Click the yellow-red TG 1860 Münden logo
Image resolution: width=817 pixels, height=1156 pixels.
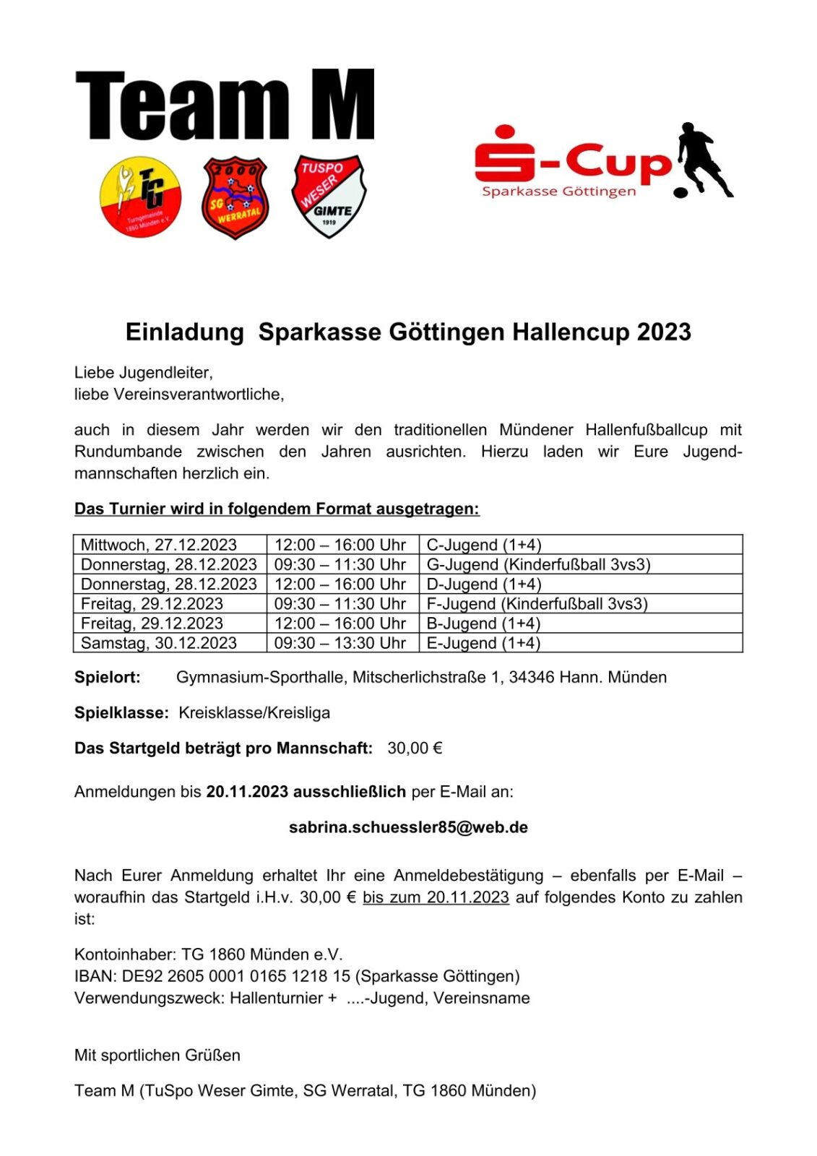click(141, 197)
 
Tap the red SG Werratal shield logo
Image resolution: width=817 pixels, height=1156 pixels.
click(235, 197)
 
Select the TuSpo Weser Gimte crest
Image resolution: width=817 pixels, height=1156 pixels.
click(329, 195)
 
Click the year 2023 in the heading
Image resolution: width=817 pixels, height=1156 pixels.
click(664, 332)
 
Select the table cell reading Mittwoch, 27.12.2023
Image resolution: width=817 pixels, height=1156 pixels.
click(159, 545)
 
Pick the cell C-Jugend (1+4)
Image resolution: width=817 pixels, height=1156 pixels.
click(484, 545)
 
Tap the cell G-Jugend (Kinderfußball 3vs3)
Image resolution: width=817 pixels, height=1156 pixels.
click(538, 564)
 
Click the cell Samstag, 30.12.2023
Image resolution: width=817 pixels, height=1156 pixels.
click(159, 643)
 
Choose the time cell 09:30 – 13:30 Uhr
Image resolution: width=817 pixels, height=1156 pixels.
click(340, 643)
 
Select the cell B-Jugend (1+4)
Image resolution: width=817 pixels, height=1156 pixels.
click(483, 624)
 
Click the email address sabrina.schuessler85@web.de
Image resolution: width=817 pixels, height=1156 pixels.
click(408, 827)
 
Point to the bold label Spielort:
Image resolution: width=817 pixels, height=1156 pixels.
click(108, 678)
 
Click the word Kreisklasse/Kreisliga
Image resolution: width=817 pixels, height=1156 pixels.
click(254, 713)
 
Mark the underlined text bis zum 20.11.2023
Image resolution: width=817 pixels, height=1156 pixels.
click(436, 897)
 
